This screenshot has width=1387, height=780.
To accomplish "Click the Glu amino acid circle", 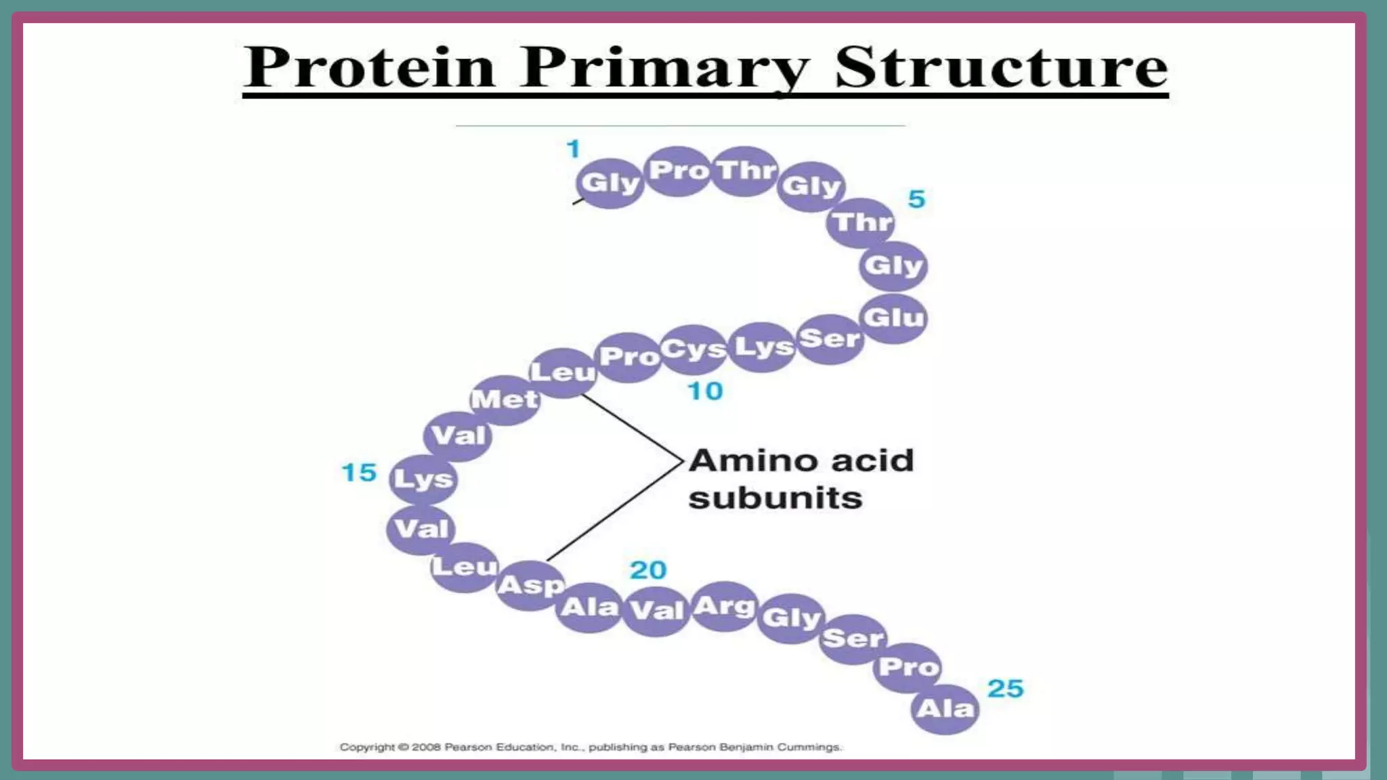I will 893,318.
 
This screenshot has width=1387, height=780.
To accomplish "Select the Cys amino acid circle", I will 693,349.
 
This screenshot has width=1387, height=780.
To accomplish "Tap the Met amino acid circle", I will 505,399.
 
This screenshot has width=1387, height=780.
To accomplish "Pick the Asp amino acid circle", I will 530,585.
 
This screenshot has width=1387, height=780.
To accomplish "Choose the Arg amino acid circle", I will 724,606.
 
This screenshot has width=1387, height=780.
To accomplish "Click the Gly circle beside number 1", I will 610,183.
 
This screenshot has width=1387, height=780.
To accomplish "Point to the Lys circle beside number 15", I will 423,479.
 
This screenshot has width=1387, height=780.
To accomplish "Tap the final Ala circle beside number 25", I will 945,709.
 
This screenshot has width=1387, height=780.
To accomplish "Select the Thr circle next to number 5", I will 861,222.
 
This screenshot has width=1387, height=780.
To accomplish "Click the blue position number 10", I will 705,391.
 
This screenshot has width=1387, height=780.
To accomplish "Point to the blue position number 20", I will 648,570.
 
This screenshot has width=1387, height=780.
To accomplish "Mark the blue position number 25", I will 1006,689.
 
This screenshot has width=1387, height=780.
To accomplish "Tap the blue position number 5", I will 916,199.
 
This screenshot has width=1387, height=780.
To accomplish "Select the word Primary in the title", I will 664,68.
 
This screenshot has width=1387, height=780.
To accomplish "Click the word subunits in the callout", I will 775,498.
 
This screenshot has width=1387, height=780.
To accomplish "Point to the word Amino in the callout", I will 753,461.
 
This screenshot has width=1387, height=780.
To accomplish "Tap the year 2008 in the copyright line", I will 427,747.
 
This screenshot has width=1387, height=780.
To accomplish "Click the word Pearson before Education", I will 469,747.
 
